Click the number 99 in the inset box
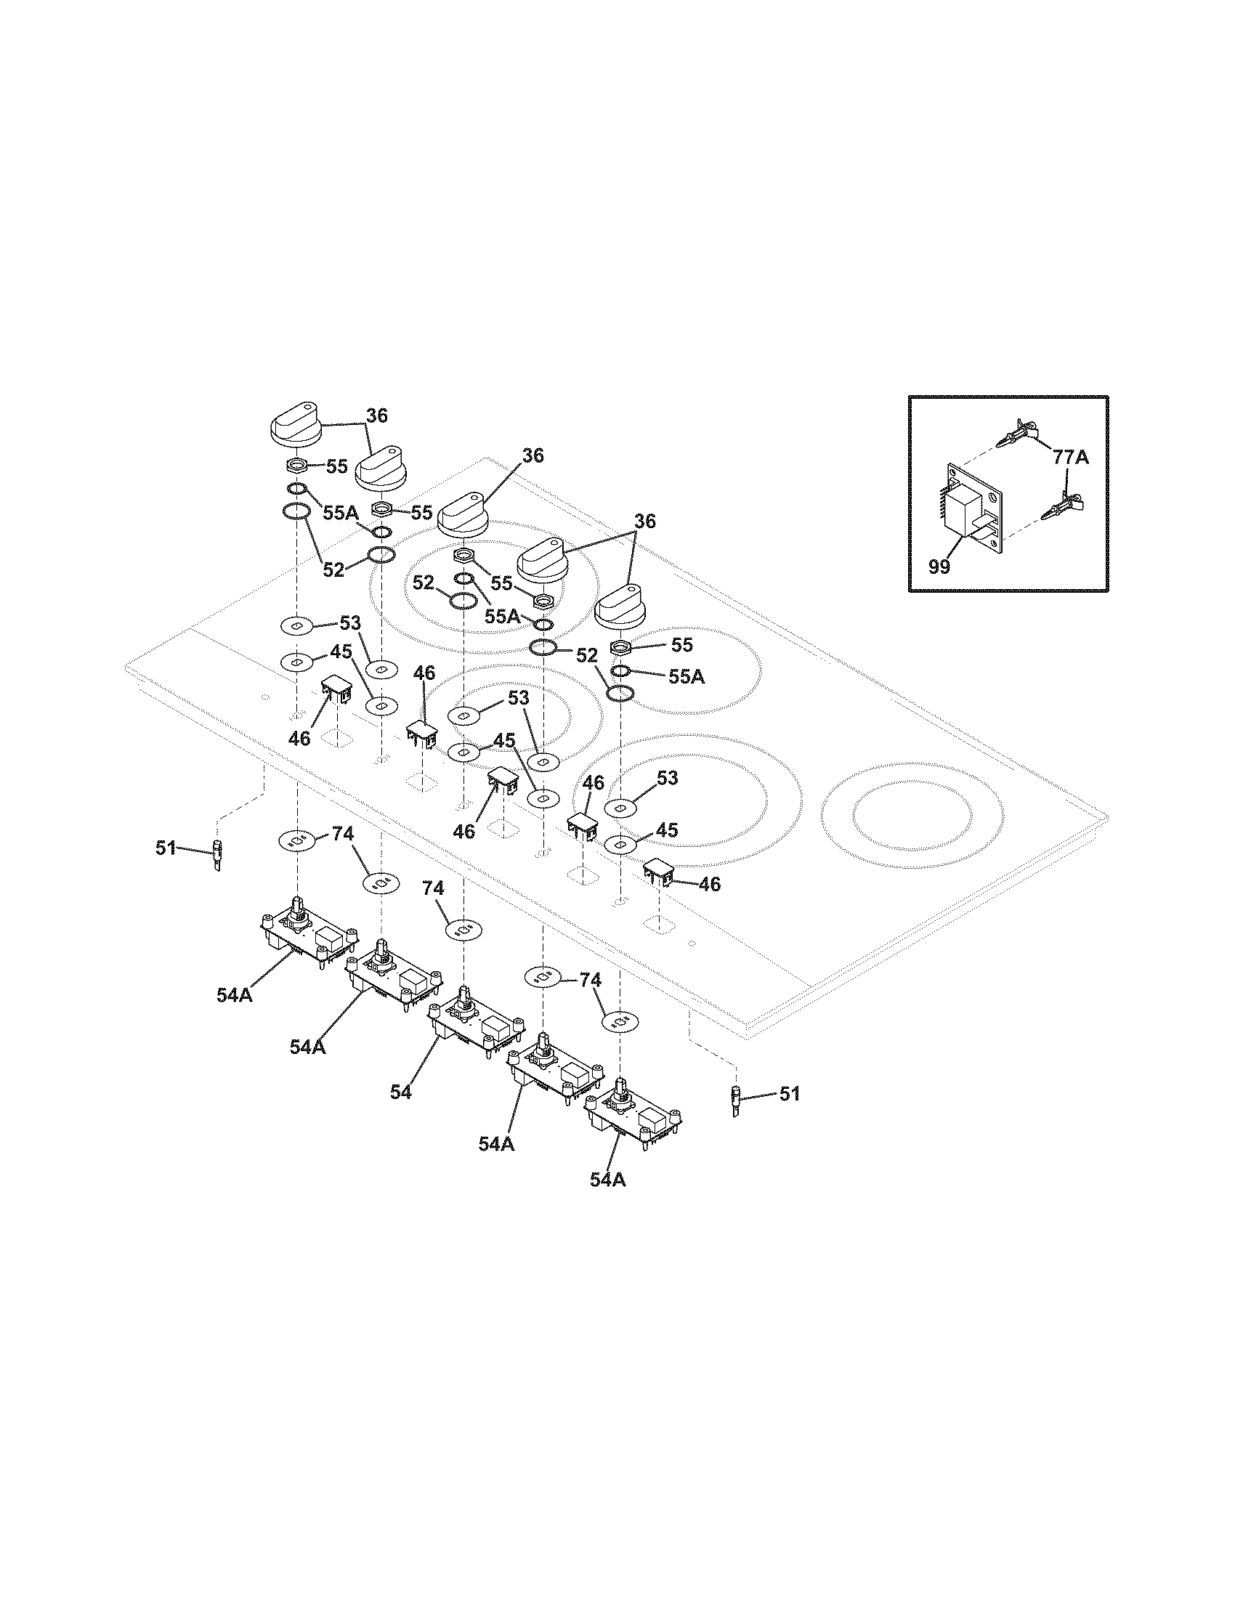coord(939,567)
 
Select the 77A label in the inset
coord(1071,458)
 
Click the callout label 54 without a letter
coord(401,1112)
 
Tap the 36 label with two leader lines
coord(644,522)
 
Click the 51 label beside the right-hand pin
coord(789,1114)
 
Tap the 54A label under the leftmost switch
coord(234,994)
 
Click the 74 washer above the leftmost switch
coord(297,840)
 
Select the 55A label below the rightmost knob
coord(687,677)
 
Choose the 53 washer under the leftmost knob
coord(297,625)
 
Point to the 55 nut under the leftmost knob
coord(297,466)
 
